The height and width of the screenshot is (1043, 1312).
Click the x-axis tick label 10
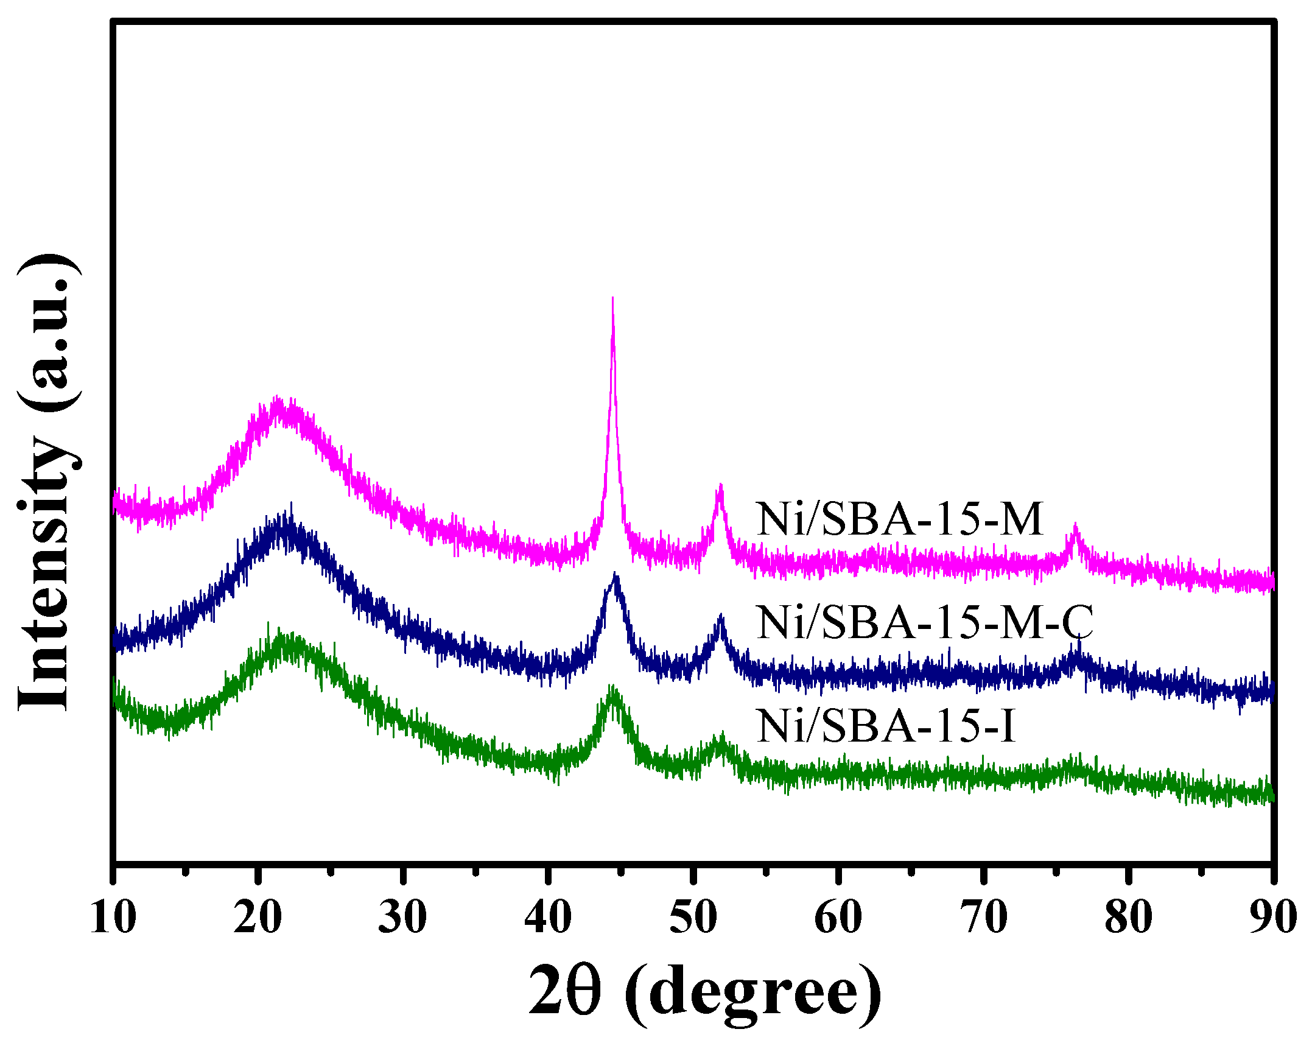(x=113, y=918)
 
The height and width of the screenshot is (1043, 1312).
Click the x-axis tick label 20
(x=258, y=918)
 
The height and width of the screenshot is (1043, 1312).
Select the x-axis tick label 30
(x=402, y=918)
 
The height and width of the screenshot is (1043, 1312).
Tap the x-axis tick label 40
(x=548, y=918)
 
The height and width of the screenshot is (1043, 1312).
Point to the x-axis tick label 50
(x=693, y=918)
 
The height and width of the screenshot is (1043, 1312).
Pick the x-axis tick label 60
(x=838, y=918)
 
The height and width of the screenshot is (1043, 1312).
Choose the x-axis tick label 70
(x=983, y=918)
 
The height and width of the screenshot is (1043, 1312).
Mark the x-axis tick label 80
(x=1128, y=918)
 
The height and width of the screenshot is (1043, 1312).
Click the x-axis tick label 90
(x=1272, y=918)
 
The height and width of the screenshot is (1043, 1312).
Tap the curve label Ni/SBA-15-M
(x=900, y=519)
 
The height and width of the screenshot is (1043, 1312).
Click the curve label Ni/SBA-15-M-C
(x=924, y=622)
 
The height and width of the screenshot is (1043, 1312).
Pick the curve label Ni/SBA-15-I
(x=886, y=726)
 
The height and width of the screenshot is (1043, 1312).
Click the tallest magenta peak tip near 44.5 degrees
(x=612, y=298)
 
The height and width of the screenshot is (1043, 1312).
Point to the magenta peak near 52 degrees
(x=721, y=486)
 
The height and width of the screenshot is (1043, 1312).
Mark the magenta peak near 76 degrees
(x=1075, y=525)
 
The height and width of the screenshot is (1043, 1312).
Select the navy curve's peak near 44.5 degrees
(x=616, y=575)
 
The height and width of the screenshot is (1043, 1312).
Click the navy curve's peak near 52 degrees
(x=721, y=616)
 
